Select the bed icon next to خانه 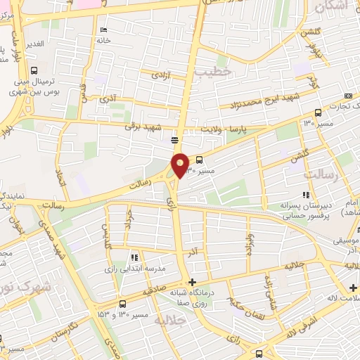pyautogui.click(x=104, y=30)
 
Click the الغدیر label pyautogui.click(x=34, y=44)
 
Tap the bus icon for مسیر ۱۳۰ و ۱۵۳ pyautogui.click(x=122, y=304)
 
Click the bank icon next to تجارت pyautogui.click(x=349, y=96)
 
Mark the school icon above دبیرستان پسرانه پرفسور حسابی pyautogui.click(x=305, y=194)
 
